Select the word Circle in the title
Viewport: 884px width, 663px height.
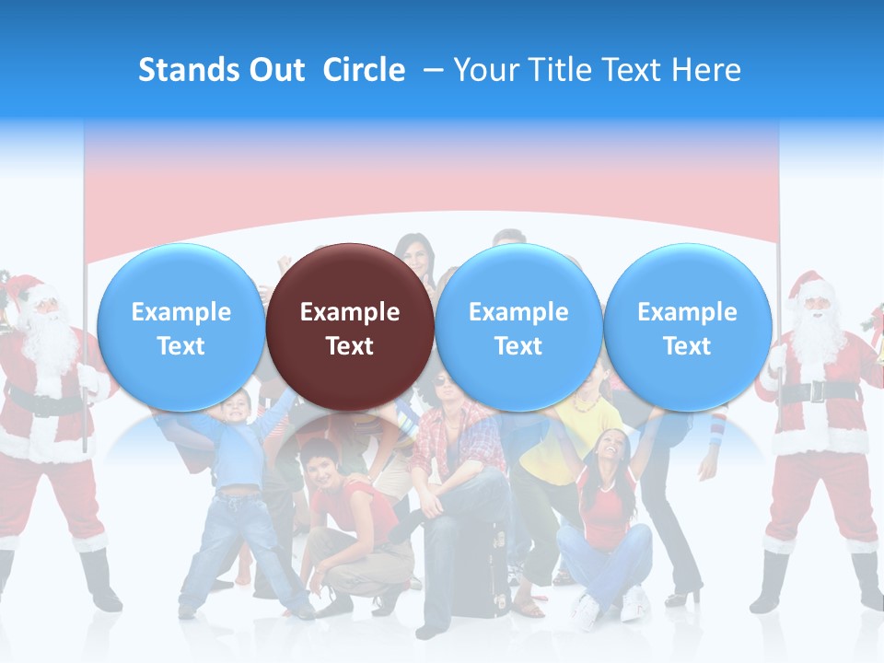[364, 70]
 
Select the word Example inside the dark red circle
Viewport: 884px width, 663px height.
[349, 312]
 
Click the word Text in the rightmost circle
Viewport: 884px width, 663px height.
[687, 346]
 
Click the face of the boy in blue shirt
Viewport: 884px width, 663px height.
[238, 406]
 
